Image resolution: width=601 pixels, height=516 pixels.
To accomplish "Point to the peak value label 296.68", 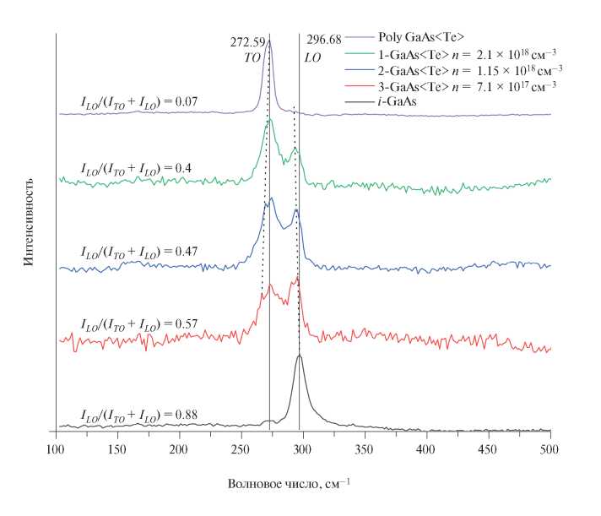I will (x=322, y=41).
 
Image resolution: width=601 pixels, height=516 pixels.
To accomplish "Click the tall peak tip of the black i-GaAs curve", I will (x=300, y=356).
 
